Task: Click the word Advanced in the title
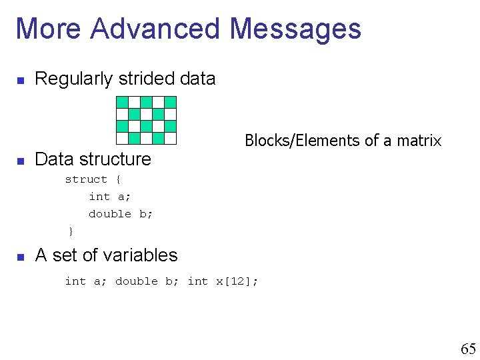tap(156, 29)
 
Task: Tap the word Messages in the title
tap(294, 29)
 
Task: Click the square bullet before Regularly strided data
tap(21, 81)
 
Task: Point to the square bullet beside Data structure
tap(21, 161)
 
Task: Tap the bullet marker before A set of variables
tap(21, 257)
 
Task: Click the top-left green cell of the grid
tap(122, 102)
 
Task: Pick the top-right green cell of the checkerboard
tap(170, 102)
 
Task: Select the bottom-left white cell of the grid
tap(122, 138)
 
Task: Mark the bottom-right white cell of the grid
tap(170, 138)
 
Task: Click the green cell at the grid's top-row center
tap(146, 102)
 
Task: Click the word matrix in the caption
tap(419, 141)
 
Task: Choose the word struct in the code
tap(86, 179)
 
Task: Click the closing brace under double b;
tap(70, 231)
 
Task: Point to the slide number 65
tap(468, 349)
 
